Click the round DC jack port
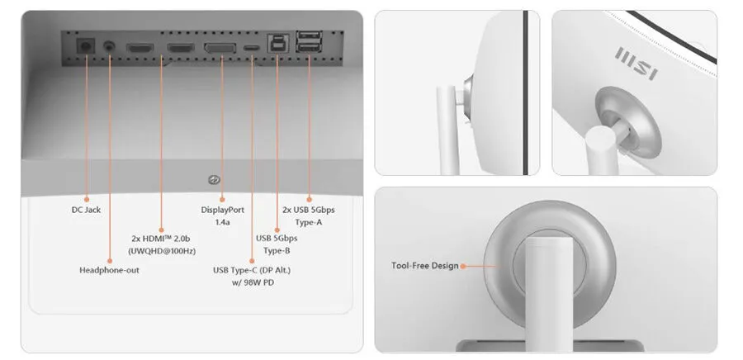(x=86, y=46)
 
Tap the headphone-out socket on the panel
(x=110, y=47)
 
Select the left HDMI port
(x=140, y=47)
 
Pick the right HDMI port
(x=181, y=47)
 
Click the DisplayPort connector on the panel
(x=220, y=48)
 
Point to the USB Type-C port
(x=252, y=48)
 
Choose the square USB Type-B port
(x=276, y=44)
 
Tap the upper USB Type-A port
(x=309, y=36)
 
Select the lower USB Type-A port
(x=309, y=47)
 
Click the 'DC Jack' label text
(x=86, y=210)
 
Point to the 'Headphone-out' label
(x=110, y=270)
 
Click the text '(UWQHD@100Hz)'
(x=162, y=250)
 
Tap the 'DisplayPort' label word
(x=223, y=210)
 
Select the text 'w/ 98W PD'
(x=251, y=282)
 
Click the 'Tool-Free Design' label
(x=425, y=265)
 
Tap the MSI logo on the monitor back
(x=636, y=64)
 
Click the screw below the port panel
(x=214, y=179)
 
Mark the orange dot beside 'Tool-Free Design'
(x=463, y=266)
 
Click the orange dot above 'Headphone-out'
(x=110, y=261)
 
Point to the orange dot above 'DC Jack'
(x=86, y=199)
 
